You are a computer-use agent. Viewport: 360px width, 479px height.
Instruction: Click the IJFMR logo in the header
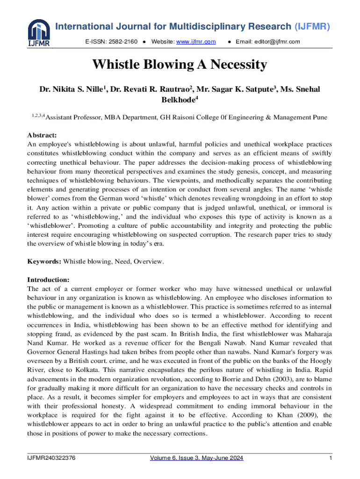(x=39, y=34)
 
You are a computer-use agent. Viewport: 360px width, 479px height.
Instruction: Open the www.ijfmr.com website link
(x=196, y=42)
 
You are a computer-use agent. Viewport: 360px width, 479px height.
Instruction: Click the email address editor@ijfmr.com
(x=268, y=42)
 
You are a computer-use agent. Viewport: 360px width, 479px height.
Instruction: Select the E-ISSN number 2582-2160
(x=124, y=42)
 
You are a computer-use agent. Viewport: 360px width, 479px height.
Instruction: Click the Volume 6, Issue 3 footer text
(x=196, y=458)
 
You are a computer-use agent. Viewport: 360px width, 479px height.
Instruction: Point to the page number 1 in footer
(x=330, y=458)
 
